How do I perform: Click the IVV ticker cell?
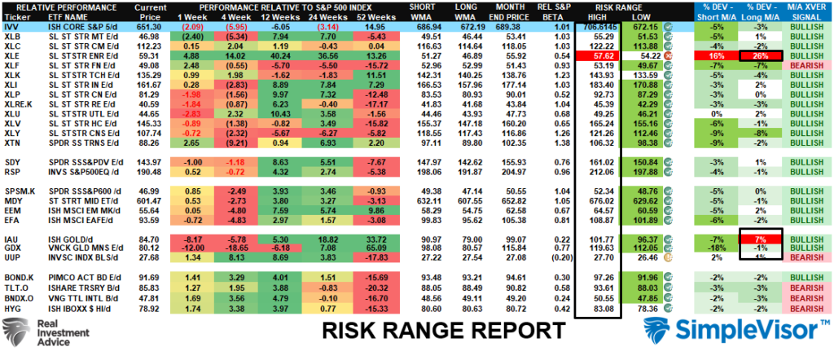click(15, 27)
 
